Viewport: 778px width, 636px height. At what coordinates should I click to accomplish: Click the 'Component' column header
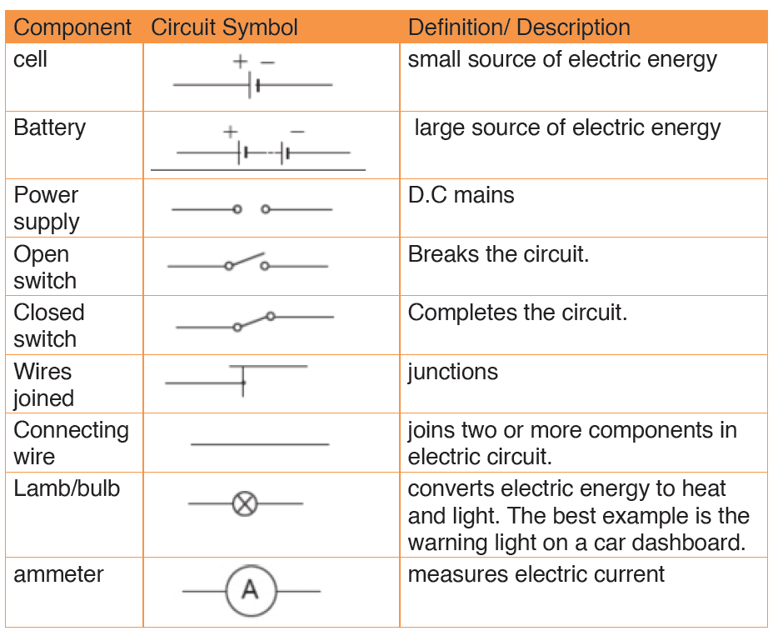pyautogui.click(x=72, y=28)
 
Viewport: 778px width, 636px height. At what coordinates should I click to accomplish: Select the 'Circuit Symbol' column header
pyautogui.click(x=224, y=28)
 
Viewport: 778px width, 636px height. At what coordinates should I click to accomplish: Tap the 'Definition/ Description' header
pyautogui.click(x=519, y=28)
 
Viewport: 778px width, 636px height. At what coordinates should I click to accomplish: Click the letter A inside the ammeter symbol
pyautogui.click(x=250, y=590)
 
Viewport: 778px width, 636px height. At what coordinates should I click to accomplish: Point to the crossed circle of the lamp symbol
pyautogui.click(x=245, y=504)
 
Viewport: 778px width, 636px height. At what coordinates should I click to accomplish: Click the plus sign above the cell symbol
pyautogui.click(x=240, y=62)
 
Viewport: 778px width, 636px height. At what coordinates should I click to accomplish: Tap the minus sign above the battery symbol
pyautogui.click(x=297, y=132)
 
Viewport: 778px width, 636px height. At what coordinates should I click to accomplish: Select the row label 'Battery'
pyautogui.click(x=50, y=128)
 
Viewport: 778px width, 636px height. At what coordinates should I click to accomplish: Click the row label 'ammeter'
pyautogui.click(x=58, y=575)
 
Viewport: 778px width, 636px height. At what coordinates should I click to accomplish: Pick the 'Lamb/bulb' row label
pyautogui.click(x=67, y=488)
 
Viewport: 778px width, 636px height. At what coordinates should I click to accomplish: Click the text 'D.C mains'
pyautogui.click(x=461, y=195)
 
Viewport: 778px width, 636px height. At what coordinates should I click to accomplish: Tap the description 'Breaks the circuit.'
pyautogui.click(x=498, y=254)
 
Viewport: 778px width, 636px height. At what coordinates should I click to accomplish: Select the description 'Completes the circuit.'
pyautogui.click(x=517, y=313)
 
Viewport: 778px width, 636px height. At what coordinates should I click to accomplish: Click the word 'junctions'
pyautogui.click(x=452, y=373)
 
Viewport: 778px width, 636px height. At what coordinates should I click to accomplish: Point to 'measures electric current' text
pyautogui.click(x=536, y=575)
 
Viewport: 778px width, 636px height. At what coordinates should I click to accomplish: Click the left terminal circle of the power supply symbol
pyautogui.click(x=237, y=209)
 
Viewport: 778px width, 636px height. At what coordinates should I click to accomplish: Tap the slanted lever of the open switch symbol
pyautogui.click(x=247, y=259)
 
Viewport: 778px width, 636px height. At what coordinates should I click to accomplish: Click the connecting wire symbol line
pyautogui.click(x=260, y=443)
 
